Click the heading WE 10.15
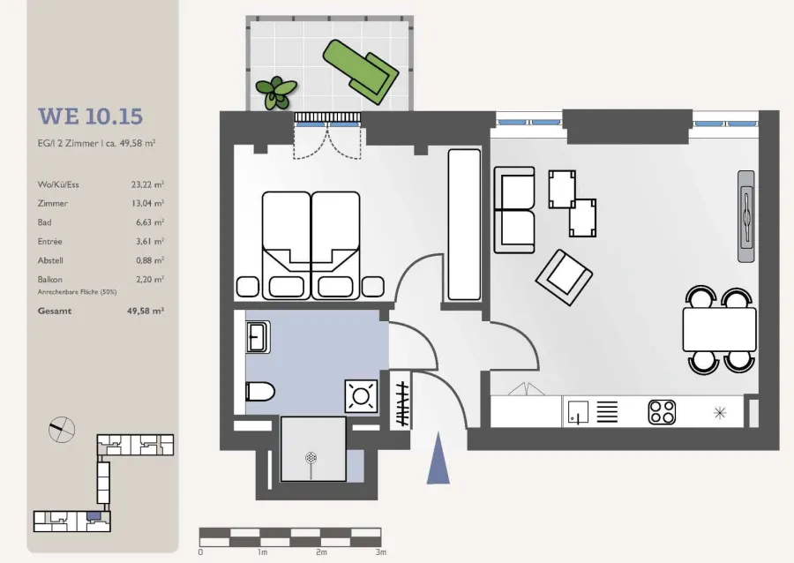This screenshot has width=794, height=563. click(90, 116)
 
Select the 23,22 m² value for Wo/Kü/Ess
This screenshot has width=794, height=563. click(147, 184)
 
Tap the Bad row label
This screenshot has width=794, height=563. click(45, 222)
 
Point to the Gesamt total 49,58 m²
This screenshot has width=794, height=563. click(146, 311)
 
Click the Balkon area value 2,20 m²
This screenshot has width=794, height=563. click(150, 280)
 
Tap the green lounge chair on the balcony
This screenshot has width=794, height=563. click(361, 71)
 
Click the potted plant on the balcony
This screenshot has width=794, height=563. click(276, 92)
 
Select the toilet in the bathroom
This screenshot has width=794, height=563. click(259, 392)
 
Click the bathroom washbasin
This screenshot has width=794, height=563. click(258, 337)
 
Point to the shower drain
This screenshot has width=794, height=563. click(311, 459)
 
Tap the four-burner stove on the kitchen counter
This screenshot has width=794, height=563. click(662, 411)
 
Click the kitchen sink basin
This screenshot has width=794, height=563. click(578, 412)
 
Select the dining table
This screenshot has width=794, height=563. click(720, 330)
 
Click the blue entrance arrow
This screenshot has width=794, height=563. click(438, 458)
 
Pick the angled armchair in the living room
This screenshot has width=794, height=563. click(564, 277)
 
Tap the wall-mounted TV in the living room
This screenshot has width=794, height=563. click(746, 216)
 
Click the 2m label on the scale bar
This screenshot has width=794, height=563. click(321, 552)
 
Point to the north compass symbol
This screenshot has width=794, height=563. click(62, 430)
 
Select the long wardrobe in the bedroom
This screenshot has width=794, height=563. click(464, 224)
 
